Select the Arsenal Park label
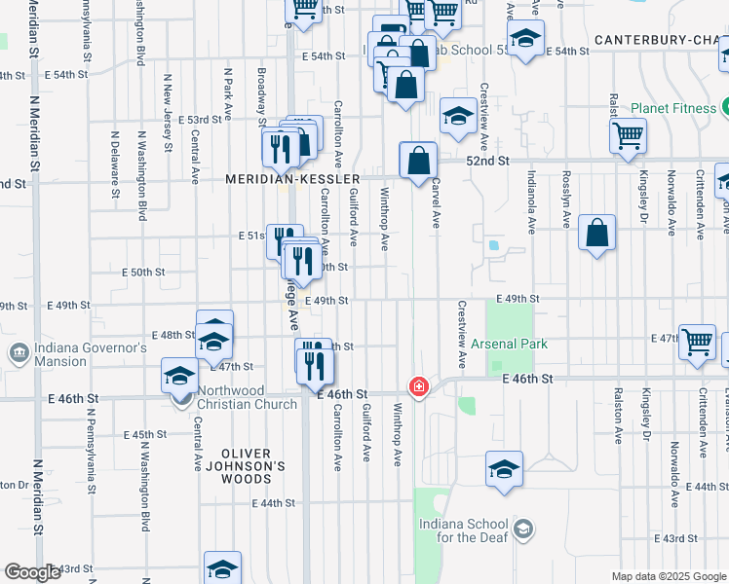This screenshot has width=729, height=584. point(509,344)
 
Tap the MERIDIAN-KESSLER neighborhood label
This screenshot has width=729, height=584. point(292,179)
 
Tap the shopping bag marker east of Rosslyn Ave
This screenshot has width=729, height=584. point(597,234)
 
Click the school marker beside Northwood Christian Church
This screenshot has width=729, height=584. point(180,376)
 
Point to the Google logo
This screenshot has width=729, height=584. point(31,572)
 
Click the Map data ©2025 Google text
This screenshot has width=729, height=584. point(668,576)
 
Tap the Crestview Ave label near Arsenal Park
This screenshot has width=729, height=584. point(461,333)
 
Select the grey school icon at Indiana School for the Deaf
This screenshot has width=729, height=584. point(523,529)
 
